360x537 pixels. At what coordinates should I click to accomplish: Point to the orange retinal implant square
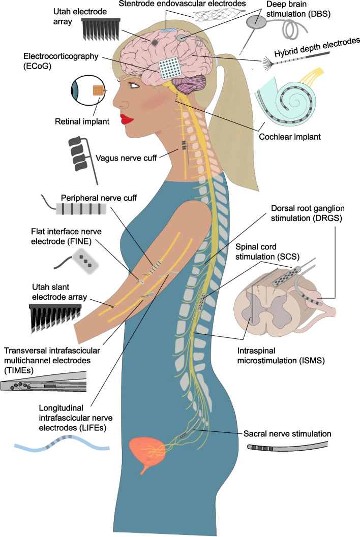(x=98, y=90)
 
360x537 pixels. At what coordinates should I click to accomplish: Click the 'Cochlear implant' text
(x=293, y=136)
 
